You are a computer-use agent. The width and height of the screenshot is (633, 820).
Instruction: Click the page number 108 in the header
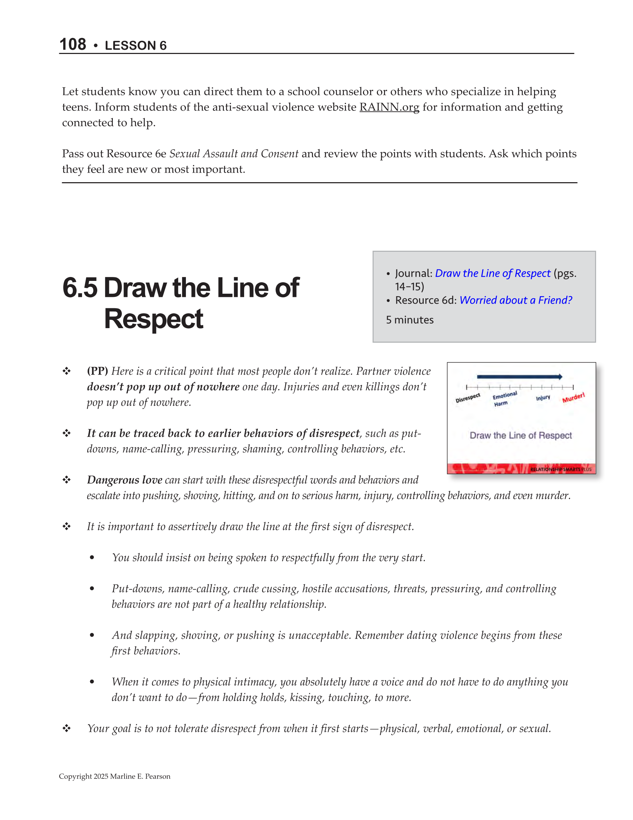pos(73,44)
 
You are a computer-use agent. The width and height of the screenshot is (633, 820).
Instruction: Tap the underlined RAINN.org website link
pos(389,107)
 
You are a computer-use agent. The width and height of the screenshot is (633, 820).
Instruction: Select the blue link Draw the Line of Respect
pos(492,273)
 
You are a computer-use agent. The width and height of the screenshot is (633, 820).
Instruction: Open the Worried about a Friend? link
pos(516,300)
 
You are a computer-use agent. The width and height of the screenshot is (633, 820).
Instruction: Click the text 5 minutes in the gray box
pos(409,320)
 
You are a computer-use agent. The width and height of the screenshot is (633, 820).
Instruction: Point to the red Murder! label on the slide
pos(573,398)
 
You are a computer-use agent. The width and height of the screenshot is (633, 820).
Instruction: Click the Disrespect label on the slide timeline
pos(468,398)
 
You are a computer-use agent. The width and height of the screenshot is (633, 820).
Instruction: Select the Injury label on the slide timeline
pos(543,398)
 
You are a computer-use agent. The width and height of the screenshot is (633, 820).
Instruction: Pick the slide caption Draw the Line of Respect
pos(521,435)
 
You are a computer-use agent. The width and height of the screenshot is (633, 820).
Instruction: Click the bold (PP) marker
pos(97,371)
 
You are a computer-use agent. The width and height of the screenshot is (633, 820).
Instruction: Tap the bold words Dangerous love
pos(125,480)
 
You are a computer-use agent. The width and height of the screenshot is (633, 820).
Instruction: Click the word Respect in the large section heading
pos(154,319)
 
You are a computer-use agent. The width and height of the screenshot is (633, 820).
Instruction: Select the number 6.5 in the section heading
pos(80,288)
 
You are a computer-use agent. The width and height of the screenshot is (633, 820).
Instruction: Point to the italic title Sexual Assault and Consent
pos(234,153)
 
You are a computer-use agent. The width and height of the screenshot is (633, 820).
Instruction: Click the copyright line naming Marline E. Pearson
pos(115,776)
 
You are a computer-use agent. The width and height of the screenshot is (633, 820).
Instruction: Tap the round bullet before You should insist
pos(92,558)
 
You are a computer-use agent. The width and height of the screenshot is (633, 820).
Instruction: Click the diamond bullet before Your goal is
pos(67,728)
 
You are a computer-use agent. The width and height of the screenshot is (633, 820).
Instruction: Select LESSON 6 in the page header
pos(136,45)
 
